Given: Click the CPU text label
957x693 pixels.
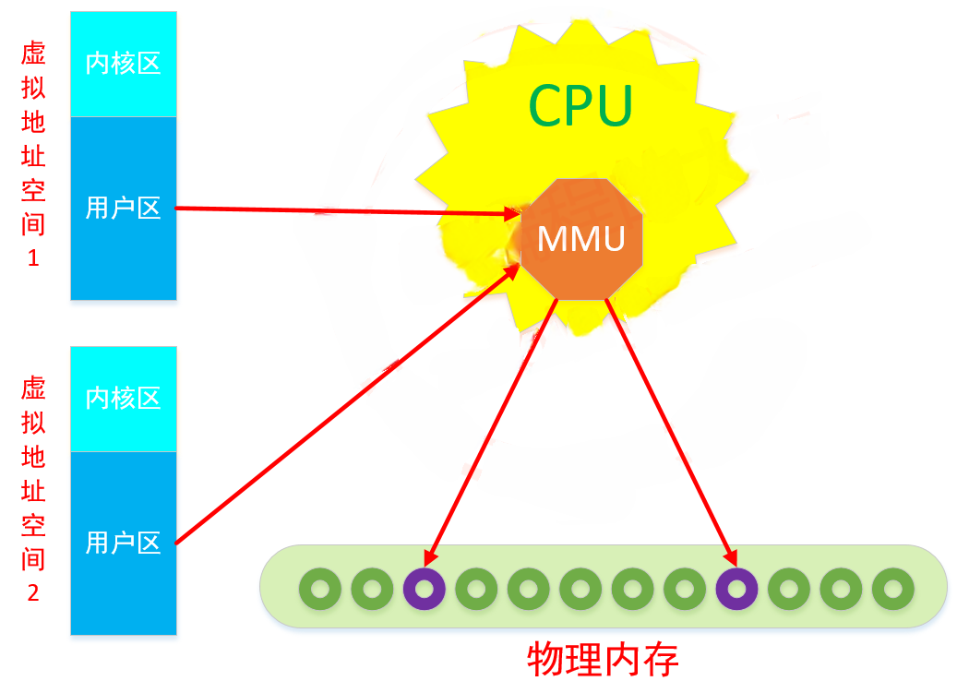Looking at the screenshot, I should [x=580, y=105].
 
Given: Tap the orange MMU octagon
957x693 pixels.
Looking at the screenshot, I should [x=581, y=240].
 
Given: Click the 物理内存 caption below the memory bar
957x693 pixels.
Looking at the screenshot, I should [x=604, y=659].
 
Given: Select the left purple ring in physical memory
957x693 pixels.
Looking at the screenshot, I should [x=424, y=588].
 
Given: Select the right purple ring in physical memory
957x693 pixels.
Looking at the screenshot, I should [x=736, y=588].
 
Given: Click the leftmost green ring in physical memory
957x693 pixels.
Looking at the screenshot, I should [x=320, y=588].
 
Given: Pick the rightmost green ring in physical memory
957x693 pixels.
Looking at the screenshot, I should [x=892, y=588].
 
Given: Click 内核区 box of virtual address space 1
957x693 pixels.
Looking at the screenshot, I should [x=123, y=64].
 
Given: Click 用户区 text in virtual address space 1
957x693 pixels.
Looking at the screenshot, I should [x=123, y=209].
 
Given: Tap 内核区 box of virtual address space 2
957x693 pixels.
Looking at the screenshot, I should [x=123, y=398].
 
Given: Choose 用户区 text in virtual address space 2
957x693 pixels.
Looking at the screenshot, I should [x=123, y=543].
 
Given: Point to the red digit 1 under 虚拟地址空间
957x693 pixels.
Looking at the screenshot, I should [x=33, y=258].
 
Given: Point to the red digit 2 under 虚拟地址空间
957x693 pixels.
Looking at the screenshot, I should [x=33, y=593].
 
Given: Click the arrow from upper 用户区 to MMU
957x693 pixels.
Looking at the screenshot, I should [x=341, y=211].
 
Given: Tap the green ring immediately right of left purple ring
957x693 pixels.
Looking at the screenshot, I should [x=476, y=588].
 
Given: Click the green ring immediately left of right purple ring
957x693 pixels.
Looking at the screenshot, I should [x=685, y=588].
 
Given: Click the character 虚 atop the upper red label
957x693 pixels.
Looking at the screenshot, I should [x=33, y=52].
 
